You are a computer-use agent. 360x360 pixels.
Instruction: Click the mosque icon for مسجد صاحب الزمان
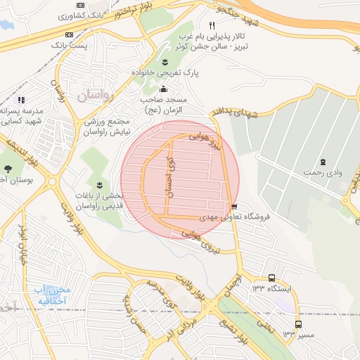164,89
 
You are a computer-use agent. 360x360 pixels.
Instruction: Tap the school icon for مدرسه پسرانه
21,100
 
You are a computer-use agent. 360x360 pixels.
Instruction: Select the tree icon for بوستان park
8,168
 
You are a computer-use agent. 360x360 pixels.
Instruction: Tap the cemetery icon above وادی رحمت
323,162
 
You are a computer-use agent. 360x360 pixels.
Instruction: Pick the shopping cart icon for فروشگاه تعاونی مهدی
234,207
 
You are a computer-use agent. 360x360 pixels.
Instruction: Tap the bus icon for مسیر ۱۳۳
299,324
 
